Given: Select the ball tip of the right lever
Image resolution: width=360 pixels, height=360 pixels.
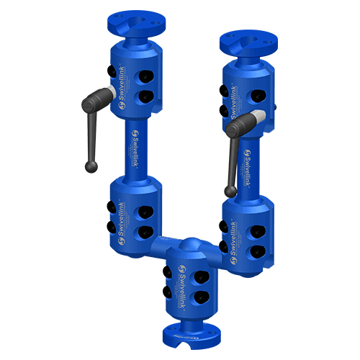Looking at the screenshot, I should coord(230,192).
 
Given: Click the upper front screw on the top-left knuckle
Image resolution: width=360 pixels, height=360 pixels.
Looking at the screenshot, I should coord(146,78).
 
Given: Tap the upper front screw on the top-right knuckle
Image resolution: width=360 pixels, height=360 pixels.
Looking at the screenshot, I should coord(257,94).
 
